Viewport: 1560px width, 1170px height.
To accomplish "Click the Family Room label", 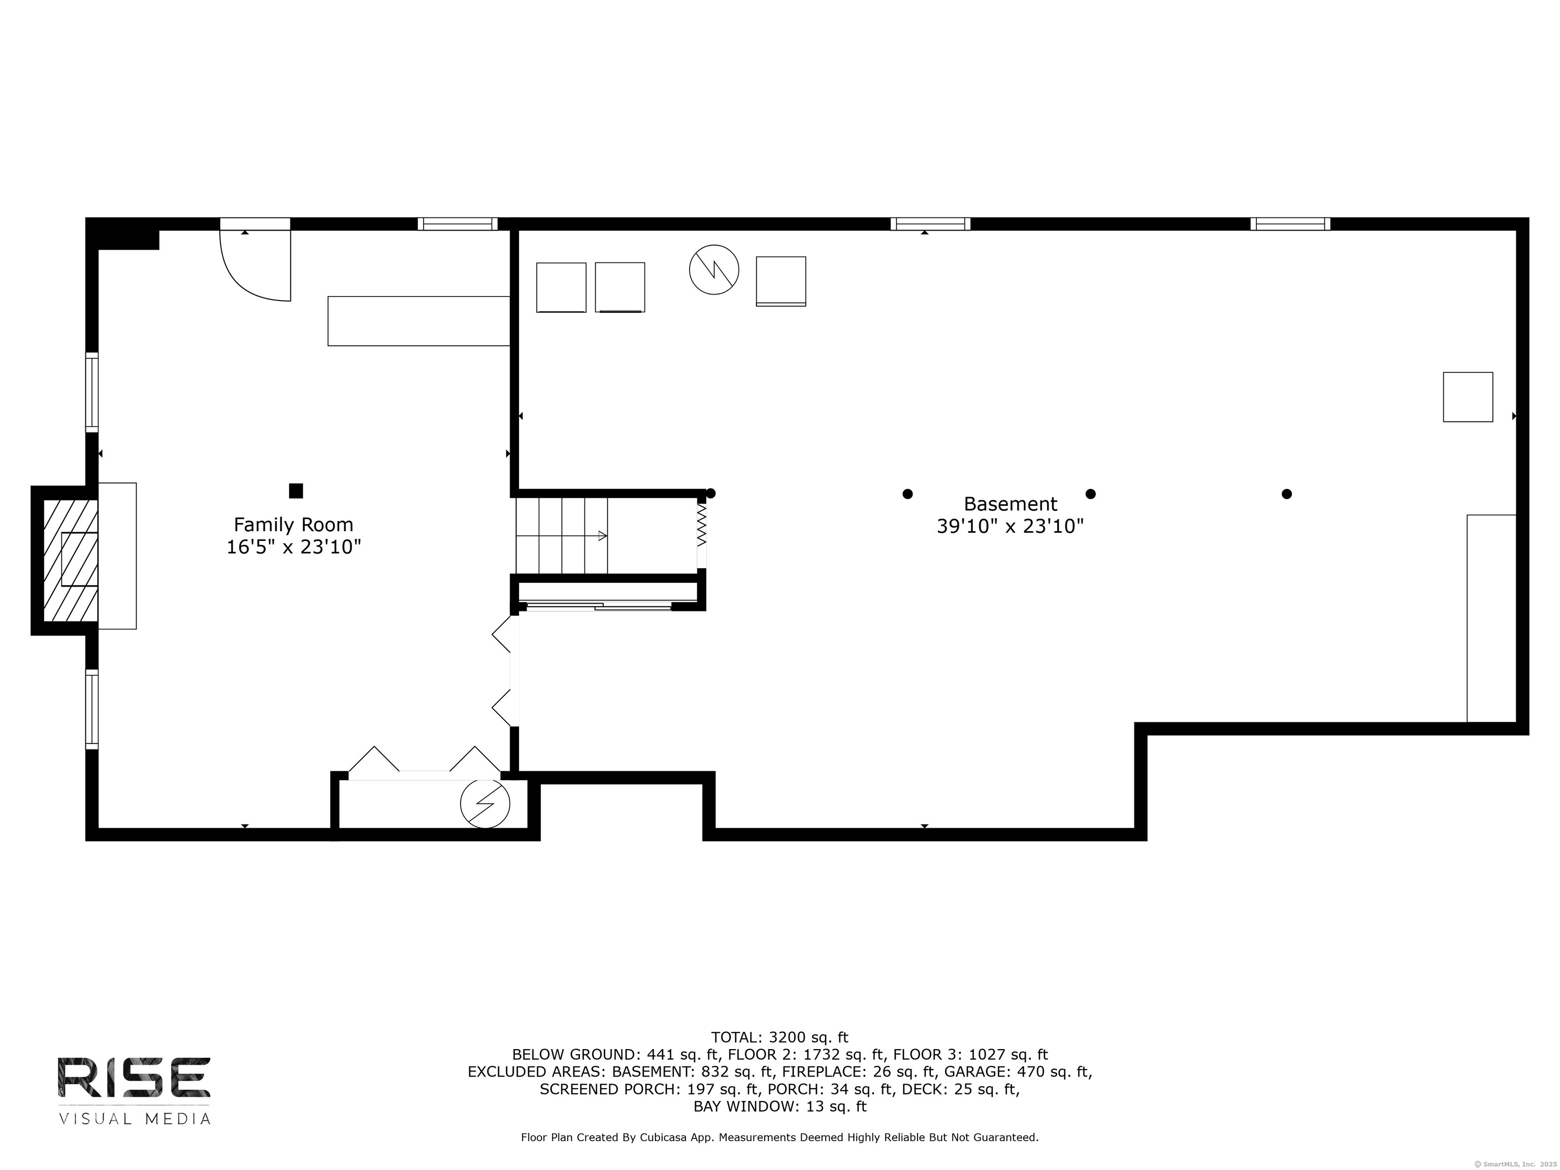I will point(294,525).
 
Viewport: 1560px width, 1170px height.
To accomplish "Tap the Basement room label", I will point(1010,504).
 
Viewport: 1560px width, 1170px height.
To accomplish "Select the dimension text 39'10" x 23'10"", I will point(1010,527).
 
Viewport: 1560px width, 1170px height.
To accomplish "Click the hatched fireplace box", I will point(70,561).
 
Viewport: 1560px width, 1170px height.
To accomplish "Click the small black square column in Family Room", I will point(296,491).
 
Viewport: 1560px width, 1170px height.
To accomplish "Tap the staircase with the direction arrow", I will point(562,536).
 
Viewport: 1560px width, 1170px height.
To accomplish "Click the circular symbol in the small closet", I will point(485,803).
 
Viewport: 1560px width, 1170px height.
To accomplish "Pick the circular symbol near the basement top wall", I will point(713,270).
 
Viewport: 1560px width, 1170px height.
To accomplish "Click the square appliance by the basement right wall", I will point(1468,397).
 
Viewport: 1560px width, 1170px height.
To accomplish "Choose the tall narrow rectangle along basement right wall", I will point(1491,619).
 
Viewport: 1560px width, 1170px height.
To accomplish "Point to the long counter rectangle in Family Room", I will point(419,321).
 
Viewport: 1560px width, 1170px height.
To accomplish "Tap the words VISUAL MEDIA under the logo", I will point(134,1119).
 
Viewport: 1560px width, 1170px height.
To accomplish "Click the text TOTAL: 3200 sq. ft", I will point(779,1037).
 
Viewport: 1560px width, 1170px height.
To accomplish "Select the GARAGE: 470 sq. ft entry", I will point(1018,1072).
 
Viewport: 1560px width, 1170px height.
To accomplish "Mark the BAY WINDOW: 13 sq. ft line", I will point(779,1107).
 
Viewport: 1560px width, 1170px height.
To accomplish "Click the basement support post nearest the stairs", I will point(711,494).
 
